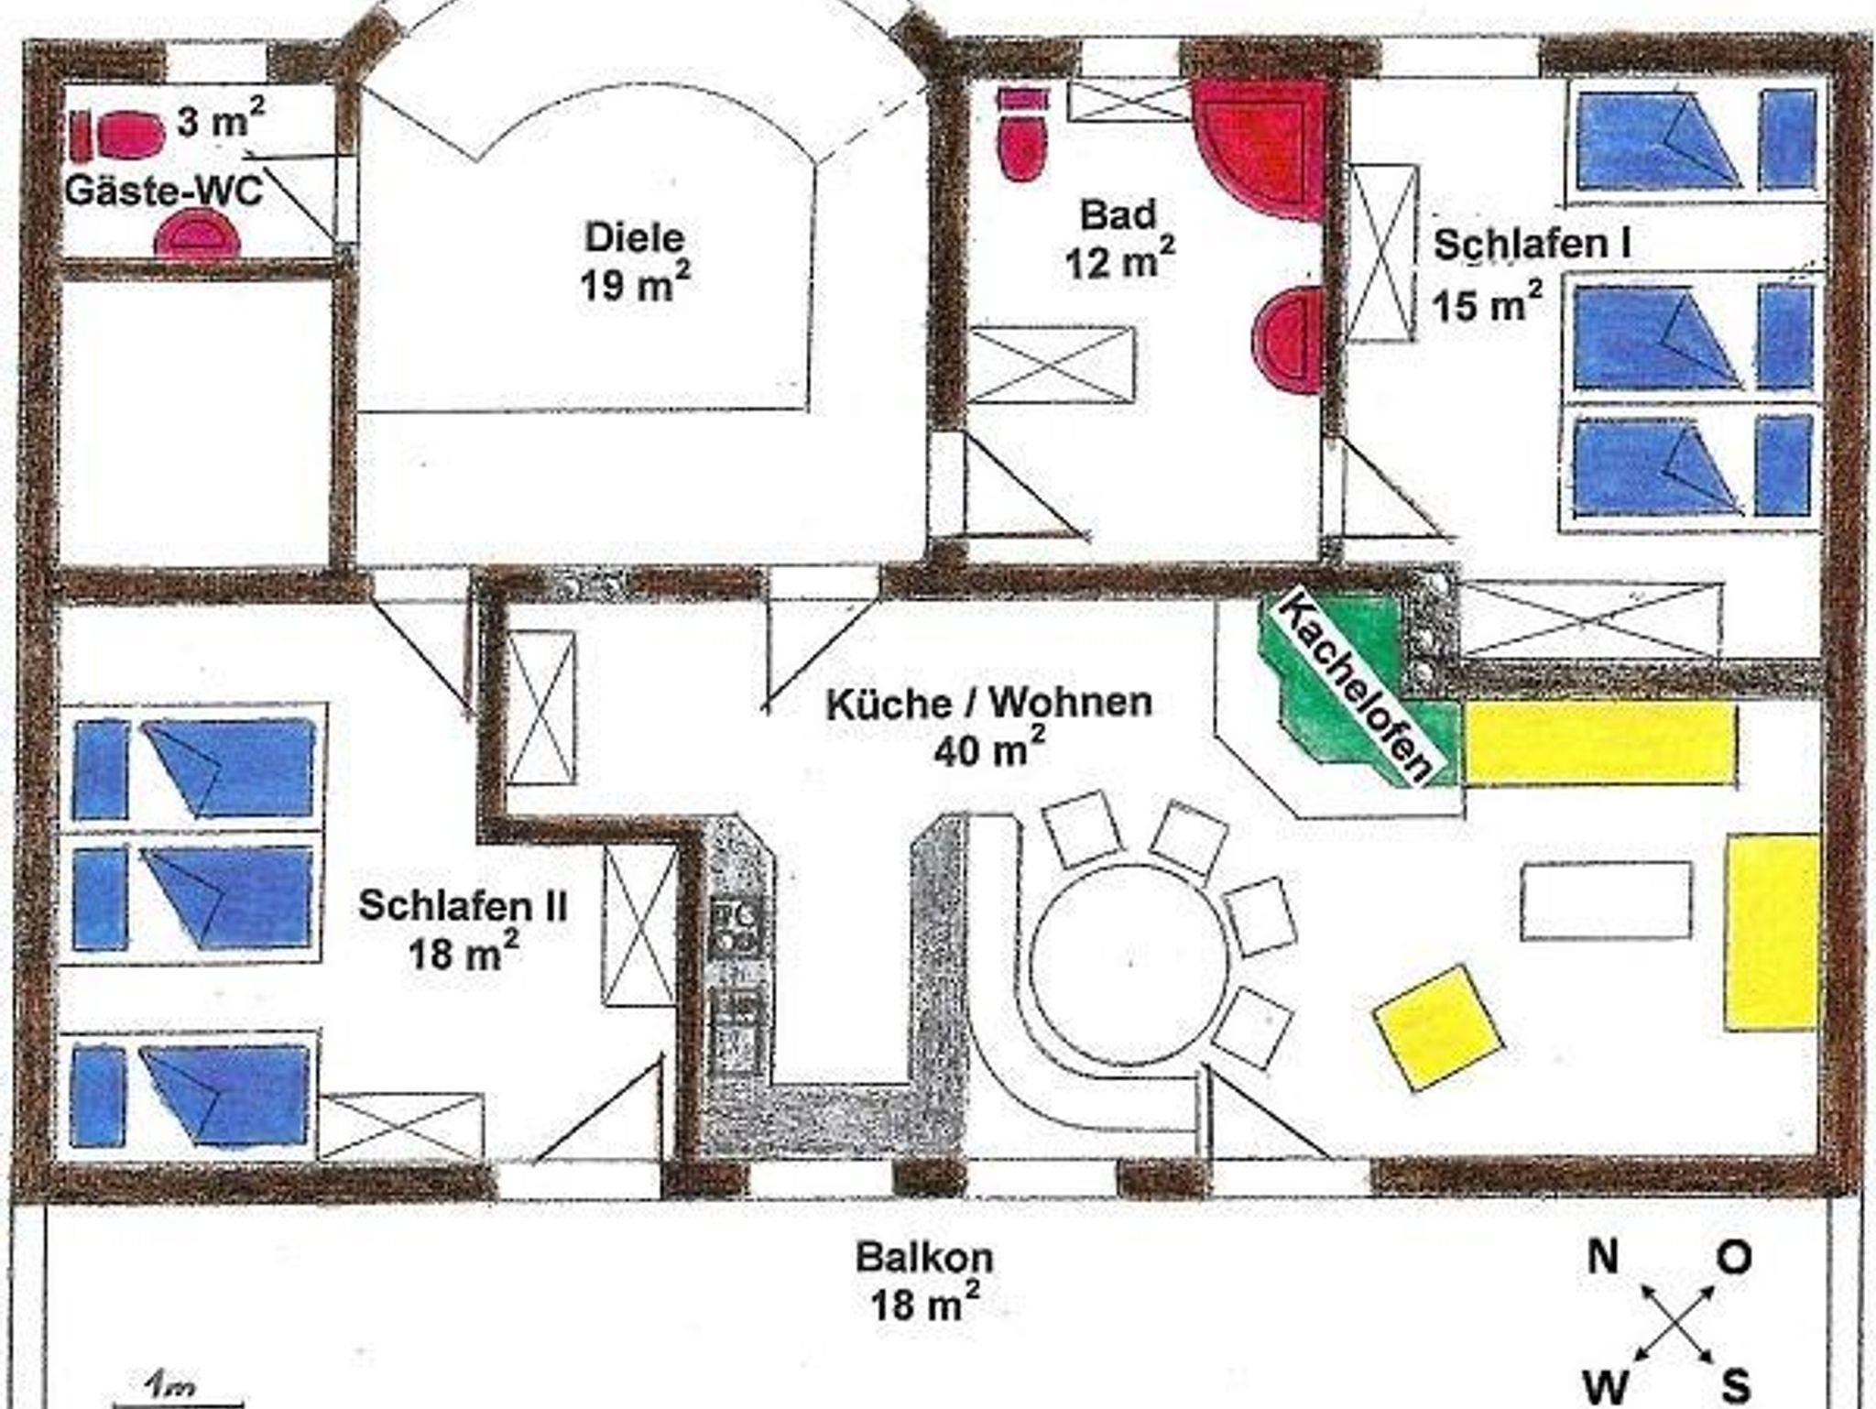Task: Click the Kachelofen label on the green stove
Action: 1354,686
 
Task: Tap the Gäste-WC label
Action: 163,191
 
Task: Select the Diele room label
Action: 635,238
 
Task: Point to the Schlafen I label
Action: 1532,245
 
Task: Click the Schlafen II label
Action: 463,906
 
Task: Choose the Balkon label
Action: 923,1257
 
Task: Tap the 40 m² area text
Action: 989,749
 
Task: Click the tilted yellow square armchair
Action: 1437,1028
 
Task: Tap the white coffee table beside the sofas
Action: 1607,901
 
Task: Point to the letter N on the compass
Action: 1603,1257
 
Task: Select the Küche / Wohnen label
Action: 989,704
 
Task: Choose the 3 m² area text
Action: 221,120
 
